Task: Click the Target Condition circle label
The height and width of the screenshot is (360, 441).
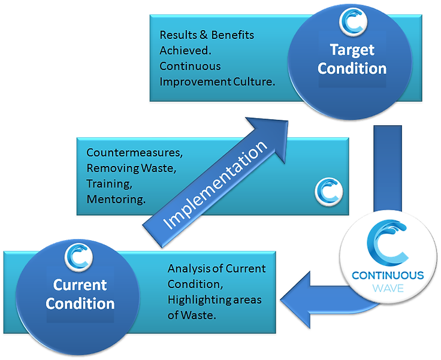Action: coord(352,59)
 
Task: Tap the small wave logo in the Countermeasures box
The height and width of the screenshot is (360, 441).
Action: coord(327,191)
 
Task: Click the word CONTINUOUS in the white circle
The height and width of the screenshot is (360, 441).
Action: coord(387,276)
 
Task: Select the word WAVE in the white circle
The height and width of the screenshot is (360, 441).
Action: coord(387,289)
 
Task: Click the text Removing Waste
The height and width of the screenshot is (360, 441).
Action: coord(131,168)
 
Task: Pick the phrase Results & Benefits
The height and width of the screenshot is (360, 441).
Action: coord(207,35)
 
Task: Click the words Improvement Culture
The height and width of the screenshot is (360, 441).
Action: coord(217,81)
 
